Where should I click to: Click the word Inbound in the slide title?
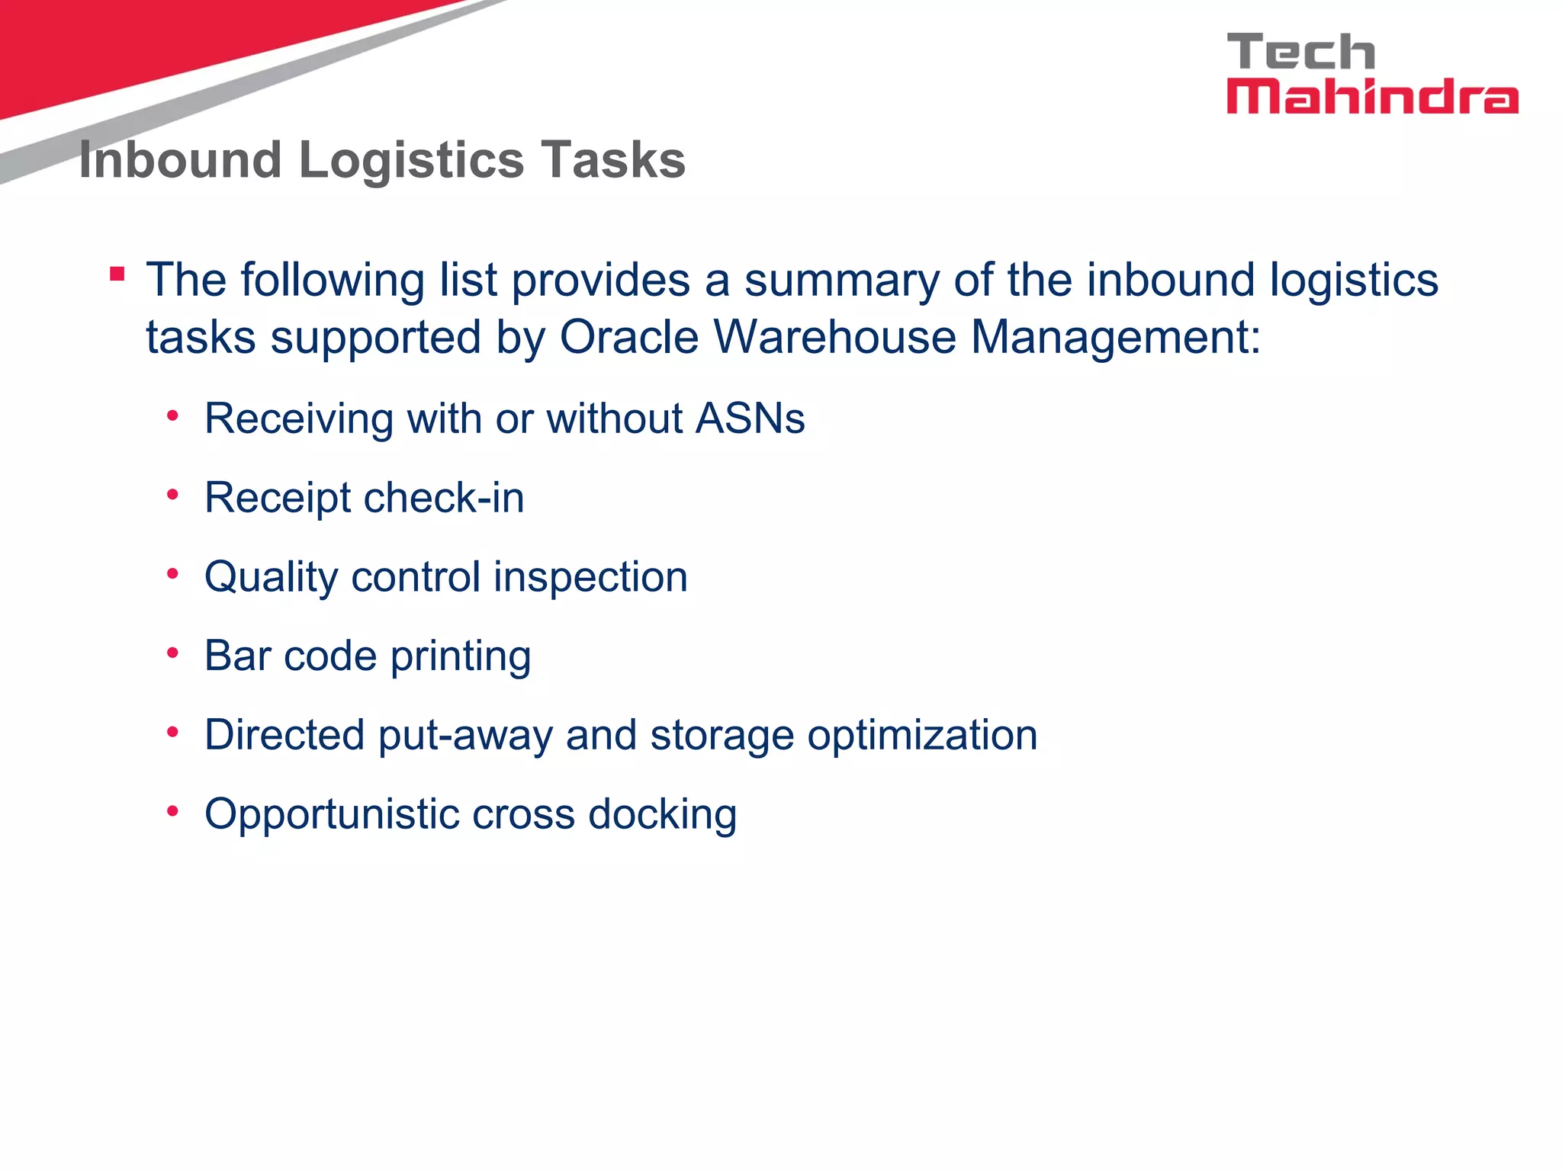[181, 160]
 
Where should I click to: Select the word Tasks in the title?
[613, 160]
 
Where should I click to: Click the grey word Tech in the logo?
[1301, 53]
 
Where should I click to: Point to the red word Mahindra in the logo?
[1372, 98]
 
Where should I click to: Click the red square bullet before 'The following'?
[117, 274]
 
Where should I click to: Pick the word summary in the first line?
[842, 280]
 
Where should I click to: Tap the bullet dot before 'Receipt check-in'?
[173, 496]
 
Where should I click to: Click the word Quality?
[271, 578]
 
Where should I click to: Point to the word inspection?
[590, 578]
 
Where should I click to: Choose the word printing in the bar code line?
[461, 657]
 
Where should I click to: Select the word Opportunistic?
[331, 815]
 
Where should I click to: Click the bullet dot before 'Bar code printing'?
[173, 653]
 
